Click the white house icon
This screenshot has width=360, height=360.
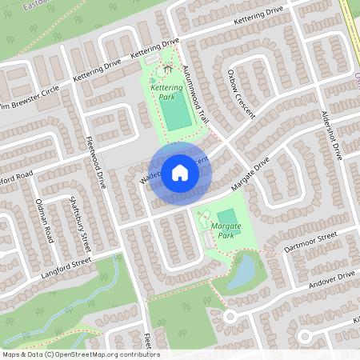(x=179, y=172)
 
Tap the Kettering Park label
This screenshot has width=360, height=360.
(x=166, y=91)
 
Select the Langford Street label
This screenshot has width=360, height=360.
(x=67, y=262)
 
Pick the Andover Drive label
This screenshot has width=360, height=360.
(x=334, y=280)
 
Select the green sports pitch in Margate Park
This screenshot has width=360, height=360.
(x=227, y=217)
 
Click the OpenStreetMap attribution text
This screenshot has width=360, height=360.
(x=81, y=354)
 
